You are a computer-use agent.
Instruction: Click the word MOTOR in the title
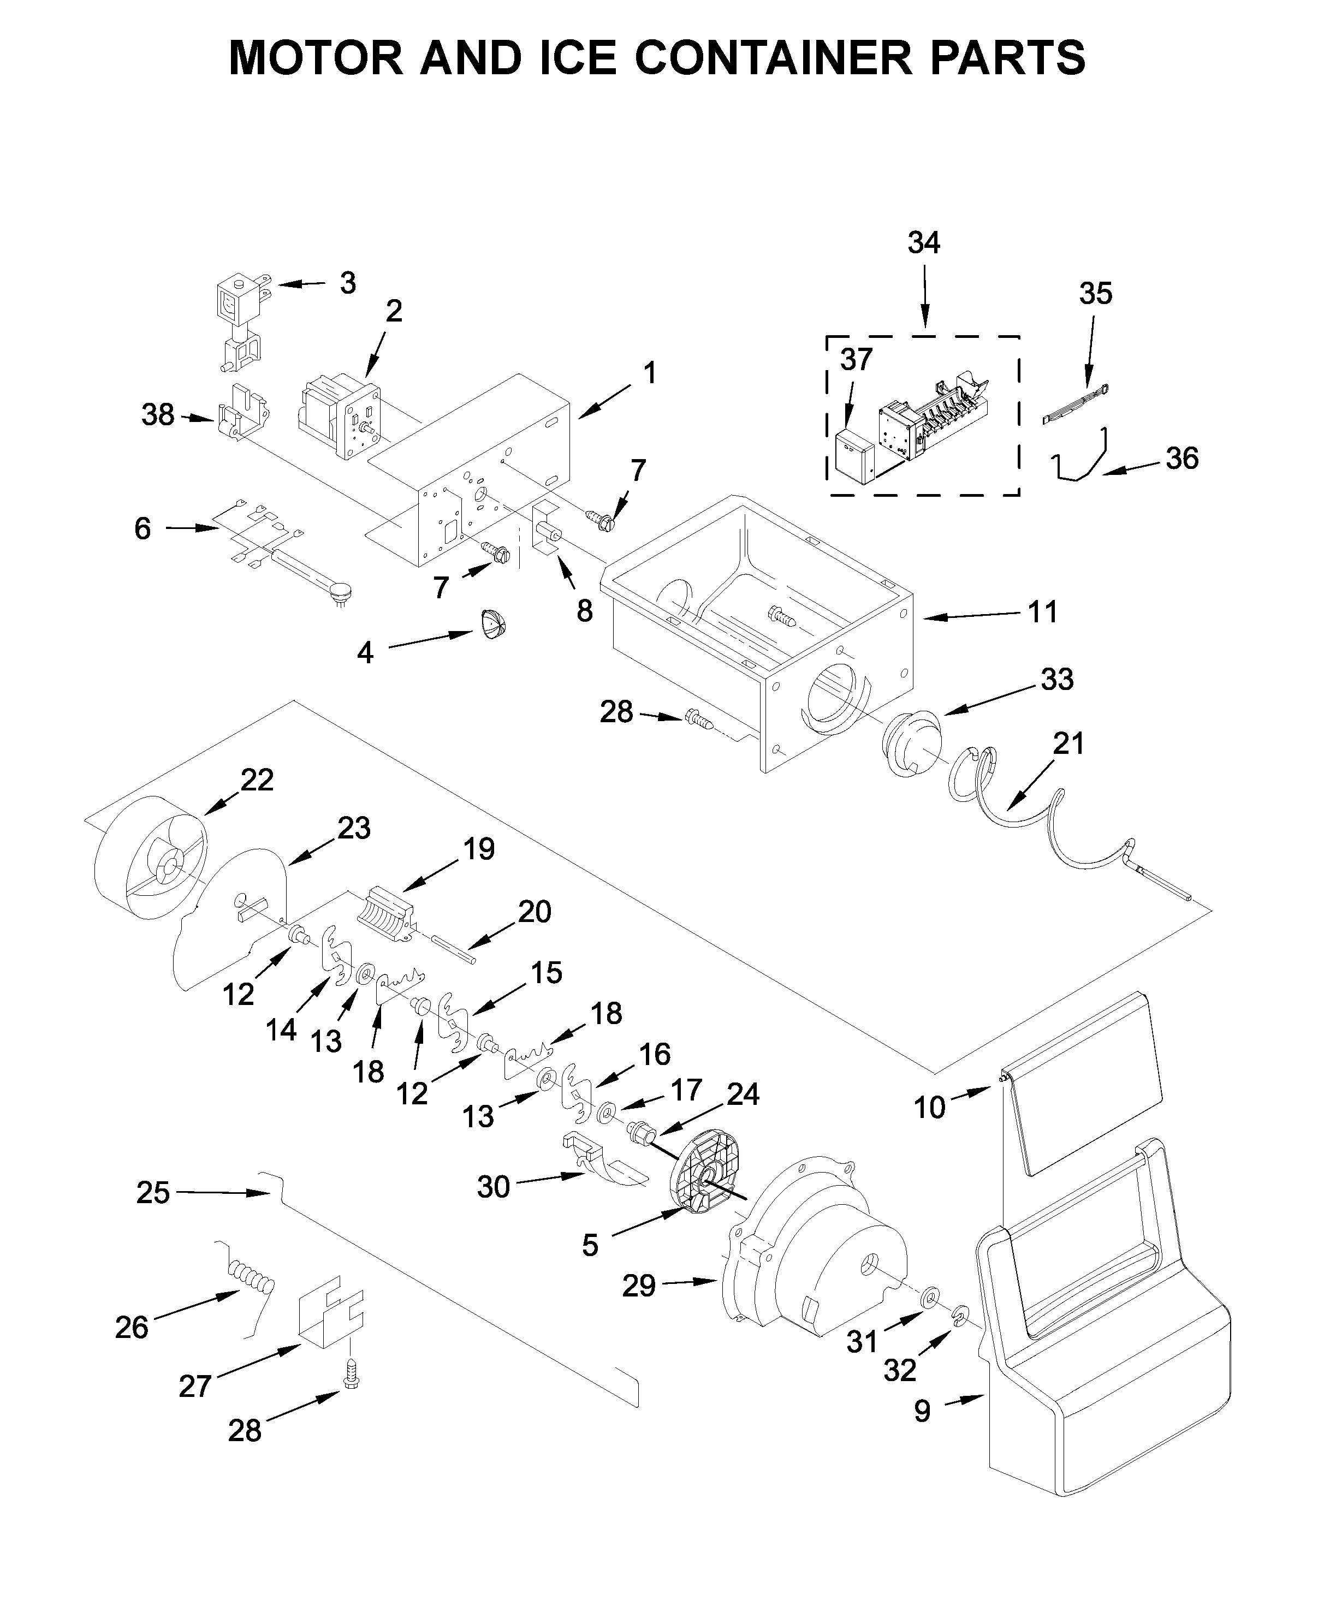click(316, 58)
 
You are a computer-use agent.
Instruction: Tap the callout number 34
click(924, 243)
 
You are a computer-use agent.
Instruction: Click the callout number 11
click(1042, 612)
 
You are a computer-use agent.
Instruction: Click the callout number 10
click(929, 1108)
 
